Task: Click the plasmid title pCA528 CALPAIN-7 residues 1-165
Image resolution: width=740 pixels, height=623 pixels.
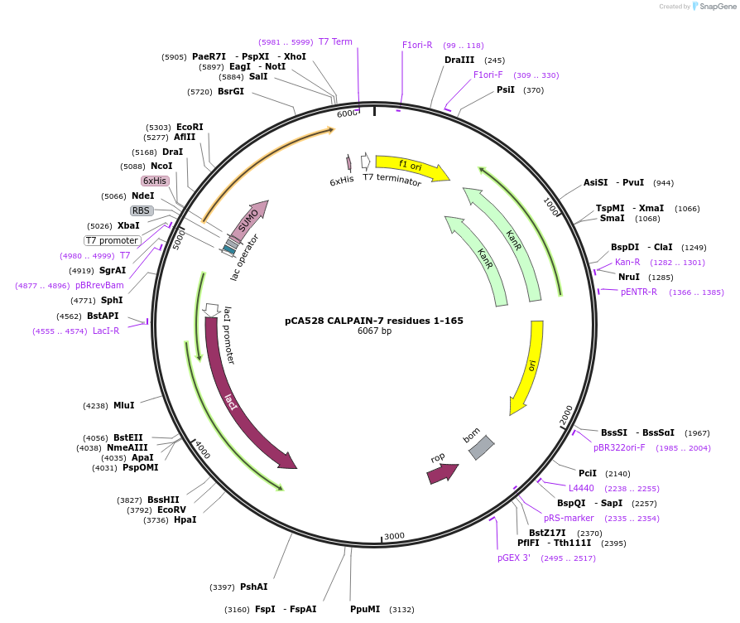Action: pyautogui.click(x=374, y=321)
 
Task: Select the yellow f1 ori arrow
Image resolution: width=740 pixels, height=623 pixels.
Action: pyautogui.click(x=411, y=167)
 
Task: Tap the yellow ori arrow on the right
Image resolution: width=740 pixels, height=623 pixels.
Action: pyautogui.click(x=528, y=365)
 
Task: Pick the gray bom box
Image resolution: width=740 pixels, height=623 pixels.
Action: pyautogui.click(x=481, y=447)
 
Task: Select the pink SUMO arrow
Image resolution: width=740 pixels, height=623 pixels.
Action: pyautogui.click(x=248, y=220)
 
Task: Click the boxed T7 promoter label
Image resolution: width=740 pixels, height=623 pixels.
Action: pyautogui.click(x=112, y=240)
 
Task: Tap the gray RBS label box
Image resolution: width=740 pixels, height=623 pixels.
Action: pyautogui.click(x=142, y=210)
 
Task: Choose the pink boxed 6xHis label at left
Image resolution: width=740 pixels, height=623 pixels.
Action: pyautogui.click(x=155, y=181)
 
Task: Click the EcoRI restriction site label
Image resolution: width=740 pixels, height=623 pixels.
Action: pyautogui.click(x=190, y=127)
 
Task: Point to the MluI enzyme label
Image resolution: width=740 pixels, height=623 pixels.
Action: pyautogui.click(x=123, y=405)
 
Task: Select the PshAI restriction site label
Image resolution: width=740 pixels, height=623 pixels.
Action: pyautogui.click(x=253, y=587)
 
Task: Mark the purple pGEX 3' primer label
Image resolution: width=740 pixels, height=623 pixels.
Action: pyautogui.click(x=513, y=558)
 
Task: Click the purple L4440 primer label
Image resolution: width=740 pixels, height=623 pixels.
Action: pyautogui.click(x=581, y=488)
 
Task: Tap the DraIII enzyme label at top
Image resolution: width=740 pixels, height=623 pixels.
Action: pyautogui.click(x=459, y=60)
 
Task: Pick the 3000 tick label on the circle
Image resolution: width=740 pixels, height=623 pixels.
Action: pyautogui.click(x=394, y=536)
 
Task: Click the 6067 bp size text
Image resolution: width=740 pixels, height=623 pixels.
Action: pyautogui.click(x=374, y=331)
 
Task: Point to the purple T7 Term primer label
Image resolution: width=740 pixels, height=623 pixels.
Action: pyautogui.click(x=335, y=41)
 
